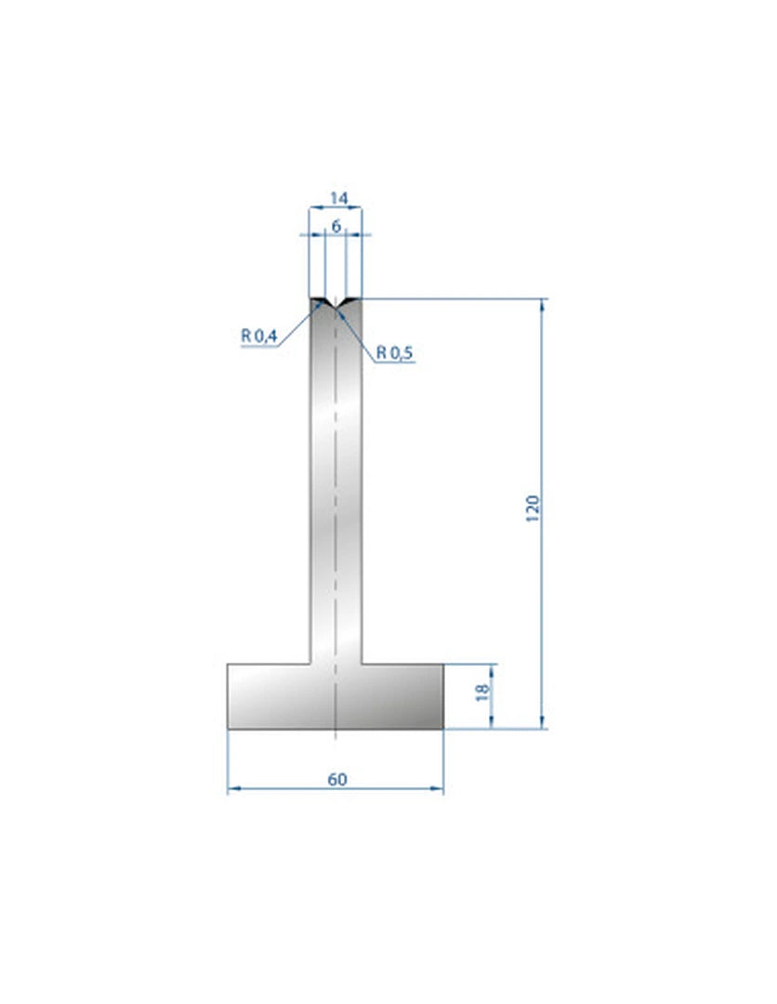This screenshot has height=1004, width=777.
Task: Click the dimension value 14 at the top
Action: pos(338,199)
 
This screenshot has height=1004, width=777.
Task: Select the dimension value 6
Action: pos(336,226)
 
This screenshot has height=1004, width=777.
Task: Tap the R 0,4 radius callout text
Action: pos(258,336)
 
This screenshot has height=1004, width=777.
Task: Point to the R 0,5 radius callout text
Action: pos(394,352)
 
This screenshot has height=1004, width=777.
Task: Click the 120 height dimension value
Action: pos(533,509)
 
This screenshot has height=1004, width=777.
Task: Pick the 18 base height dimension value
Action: pos(482,692)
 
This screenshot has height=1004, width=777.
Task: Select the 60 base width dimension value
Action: pos(337,779)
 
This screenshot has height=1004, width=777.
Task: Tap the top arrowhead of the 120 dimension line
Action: pos(542,305)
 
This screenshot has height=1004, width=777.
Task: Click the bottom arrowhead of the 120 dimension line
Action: pos(542,722)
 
